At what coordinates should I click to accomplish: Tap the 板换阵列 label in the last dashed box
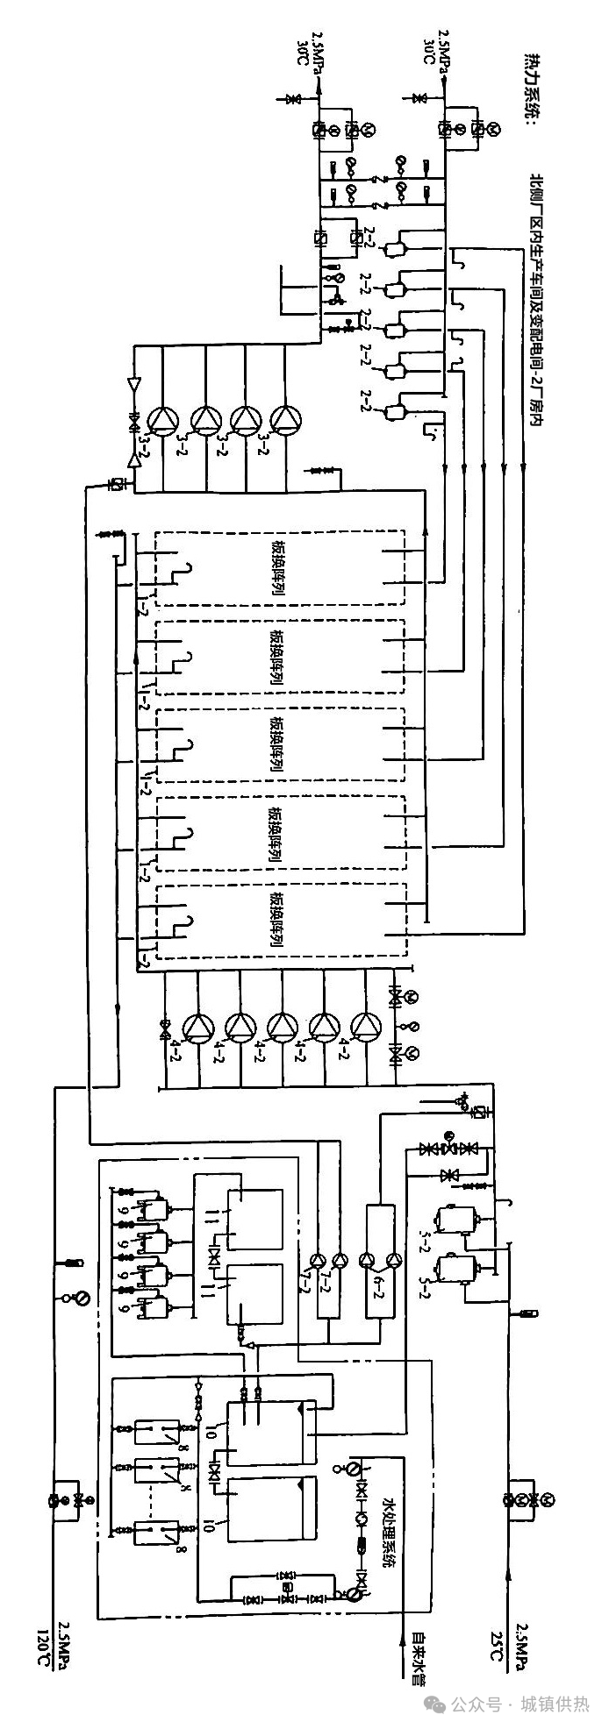coord(278,921)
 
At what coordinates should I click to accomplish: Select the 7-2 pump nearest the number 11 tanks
coord(317,1261)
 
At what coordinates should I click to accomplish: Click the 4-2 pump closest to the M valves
coord(366,1026)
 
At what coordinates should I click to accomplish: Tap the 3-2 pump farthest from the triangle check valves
coord(286,420)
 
